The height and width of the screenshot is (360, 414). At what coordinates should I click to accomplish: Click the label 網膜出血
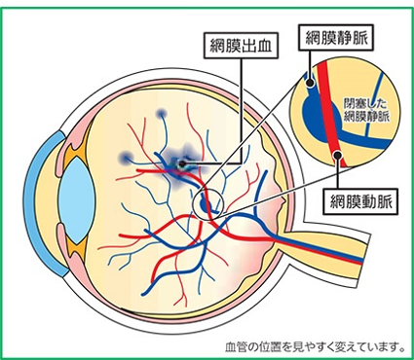coord(236,44)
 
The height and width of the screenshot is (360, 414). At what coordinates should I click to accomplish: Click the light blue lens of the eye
coord(70,188)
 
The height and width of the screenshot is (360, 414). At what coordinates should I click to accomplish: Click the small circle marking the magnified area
coord(207,203)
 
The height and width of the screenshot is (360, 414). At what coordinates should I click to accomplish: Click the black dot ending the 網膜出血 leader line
coord(182,163)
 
